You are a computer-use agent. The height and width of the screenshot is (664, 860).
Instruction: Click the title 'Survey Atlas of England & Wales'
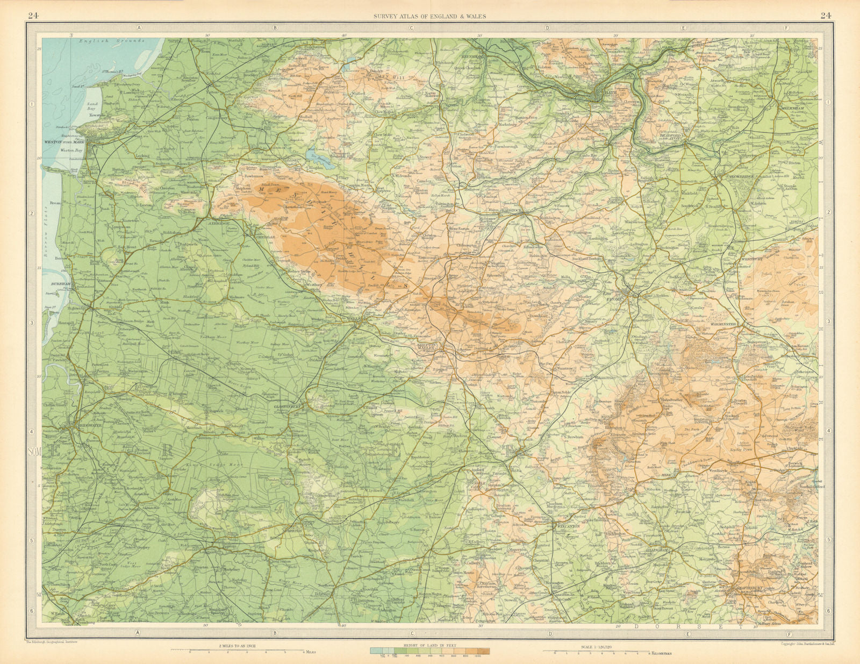430,16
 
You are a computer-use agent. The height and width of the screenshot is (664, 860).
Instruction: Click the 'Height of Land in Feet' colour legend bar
429,651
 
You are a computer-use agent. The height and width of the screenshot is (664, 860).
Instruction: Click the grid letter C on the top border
411,27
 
